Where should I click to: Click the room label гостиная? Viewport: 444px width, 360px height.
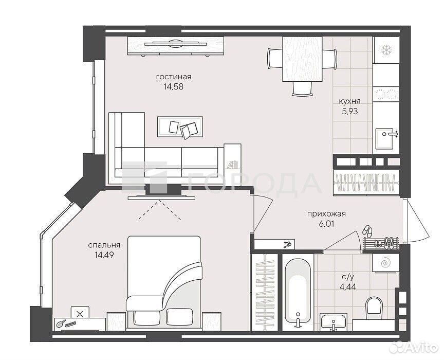(174, 77)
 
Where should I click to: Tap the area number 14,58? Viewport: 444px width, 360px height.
(174, 87)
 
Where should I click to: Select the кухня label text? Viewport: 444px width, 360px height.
(350, 101)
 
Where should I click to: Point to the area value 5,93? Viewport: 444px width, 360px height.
(350, 112)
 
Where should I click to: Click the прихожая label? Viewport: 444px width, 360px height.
(326, 214)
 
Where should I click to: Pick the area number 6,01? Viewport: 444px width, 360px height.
(326, 224)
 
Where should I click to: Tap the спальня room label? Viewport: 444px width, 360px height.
(104, 245)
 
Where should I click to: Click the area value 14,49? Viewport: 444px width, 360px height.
(104, 255)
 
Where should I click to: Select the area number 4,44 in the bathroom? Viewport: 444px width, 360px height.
(347, 286)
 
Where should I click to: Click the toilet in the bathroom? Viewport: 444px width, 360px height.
(374, 305)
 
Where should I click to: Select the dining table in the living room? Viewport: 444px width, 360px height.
(302, 59)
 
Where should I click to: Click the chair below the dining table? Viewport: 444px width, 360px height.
(302, 89)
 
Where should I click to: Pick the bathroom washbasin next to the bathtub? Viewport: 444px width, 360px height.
(334, 322)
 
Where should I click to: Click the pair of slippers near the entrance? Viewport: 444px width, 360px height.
(367, 230)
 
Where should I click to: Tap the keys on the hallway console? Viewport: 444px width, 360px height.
(288, 244)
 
